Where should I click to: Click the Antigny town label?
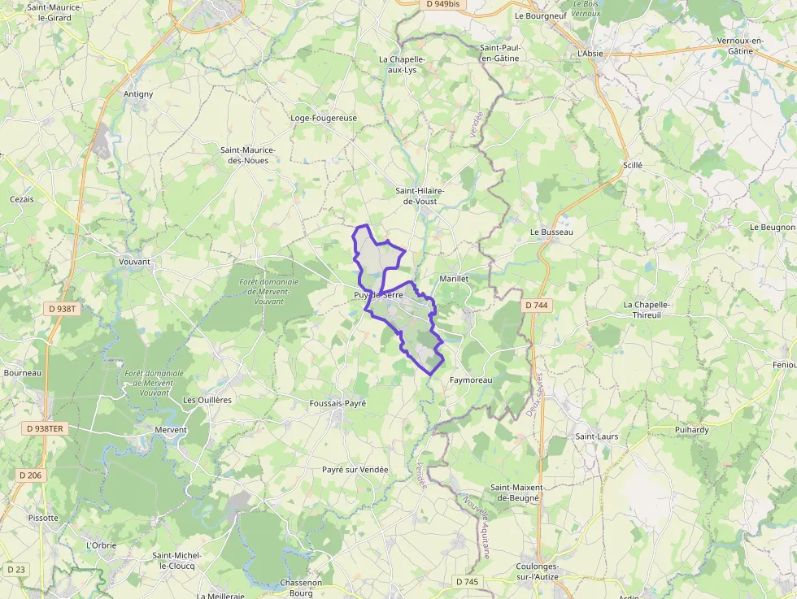point(138,94)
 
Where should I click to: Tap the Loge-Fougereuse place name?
point(324,118)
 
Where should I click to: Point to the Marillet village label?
point(454,278)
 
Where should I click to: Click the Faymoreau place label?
point(471,380)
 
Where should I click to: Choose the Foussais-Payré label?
point(338,403)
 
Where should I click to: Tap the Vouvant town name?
point(135,262)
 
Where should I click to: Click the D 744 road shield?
point(537,306)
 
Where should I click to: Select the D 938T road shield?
point(62,309)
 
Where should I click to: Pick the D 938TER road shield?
point(45,428)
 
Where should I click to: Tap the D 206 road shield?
point(29,475)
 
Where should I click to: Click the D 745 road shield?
point(467,582)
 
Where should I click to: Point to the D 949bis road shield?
point(443,4)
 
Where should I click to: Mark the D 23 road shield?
point(15,569)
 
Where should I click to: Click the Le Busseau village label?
point(551,232)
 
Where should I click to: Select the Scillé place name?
point(632,165)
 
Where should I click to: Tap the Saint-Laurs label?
point(597,436)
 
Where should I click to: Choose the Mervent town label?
point(171,430)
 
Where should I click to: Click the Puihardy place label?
point(692,429)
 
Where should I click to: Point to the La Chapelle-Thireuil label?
point(647,310)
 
